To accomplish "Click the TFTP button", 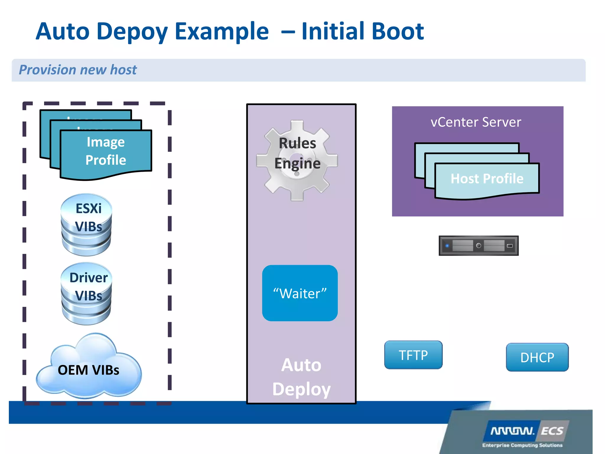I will tap(413, 355).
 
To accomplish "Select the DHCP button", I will tap(537, 357).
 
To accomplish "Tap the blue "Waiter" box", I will tap(300, 293).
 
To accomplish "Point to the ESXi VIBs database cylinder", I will tap(87, 225).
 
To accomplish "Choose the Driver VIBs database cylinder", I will tap(87, 294).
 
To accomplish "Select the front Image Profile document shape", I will tap(106, 154).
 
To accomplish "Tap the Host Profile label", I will tap(487, 179).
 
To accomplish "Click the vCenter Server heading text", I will tap(476, 122).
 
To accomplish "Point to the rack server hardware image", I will tap(479, 246).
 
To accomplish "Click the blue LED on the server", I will tap(447, 246).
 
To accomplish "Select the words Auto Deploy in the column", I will tap(301, 377).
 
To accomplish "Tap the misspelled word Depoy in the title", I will tap(132, 32).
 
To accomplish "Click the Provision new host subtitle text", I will tap(78, 70).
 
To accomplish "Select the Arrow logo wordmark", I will tap(513, 431).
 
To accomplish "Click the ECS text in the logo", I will tap(552, 431).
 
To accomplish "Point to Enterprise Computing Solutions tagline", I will tap(522, 445).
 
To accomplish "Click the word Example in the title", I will tap(222, 32).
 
